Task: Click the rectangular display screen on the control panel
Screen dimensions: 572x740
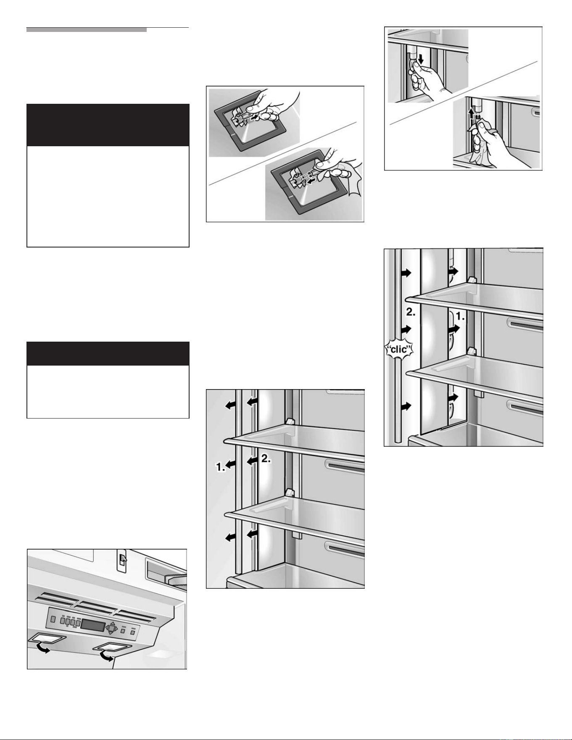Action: pos(93,625)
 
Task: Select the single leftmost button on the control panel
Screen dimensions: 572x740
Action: pos(53,620)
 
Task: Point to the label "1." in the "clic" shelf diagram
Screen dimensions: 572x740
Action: pos(460,317)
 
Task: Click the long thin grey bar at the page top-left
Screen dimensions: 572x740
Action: pos(87,30)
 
